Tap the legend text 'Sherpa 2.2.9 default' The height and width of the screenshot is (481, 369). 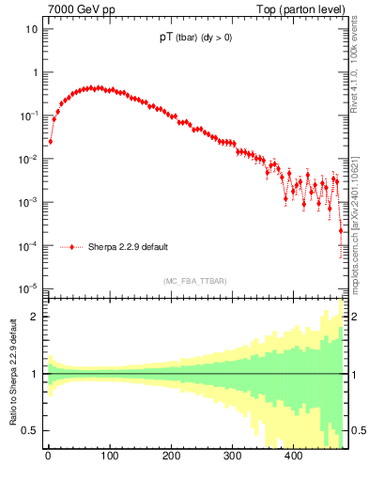(128, 248)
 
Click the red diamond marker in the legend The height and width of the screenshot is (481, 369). (71, 248)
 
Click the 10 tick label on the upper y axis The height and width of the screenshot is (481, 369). (32, 29)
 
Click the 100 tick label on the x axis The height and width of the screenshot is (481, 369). (109, 458)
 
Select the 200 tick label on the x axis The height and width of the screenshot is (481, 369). (171, 458)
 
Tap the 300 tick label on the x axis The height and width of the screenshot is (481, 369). (232, 458)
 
